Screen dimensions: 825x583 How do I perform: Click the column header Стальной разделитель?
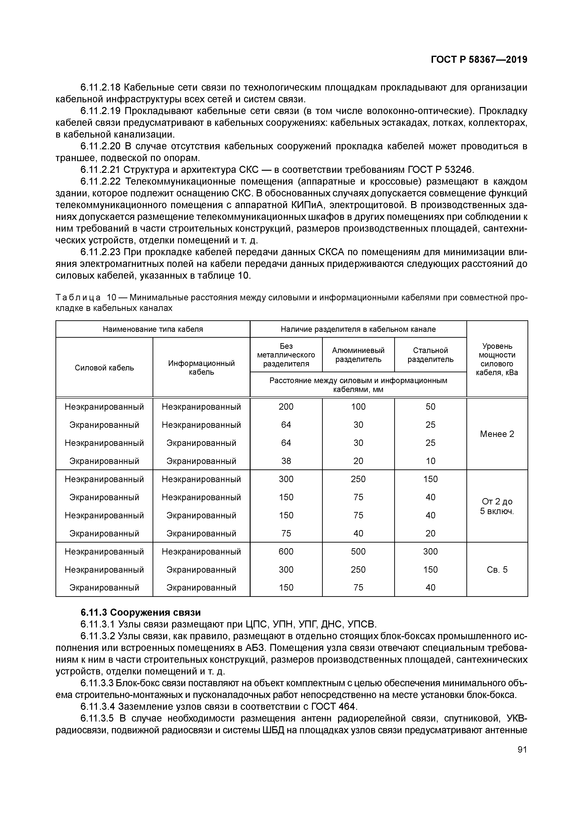pyautogui.click(x=430, y=355)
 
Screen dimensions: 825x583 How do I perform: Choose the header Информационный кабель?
pyautogui.click(x=201, y=368)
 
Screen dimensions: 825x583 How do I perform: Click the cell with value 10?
pyautogui.click(x=430, y=461)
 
